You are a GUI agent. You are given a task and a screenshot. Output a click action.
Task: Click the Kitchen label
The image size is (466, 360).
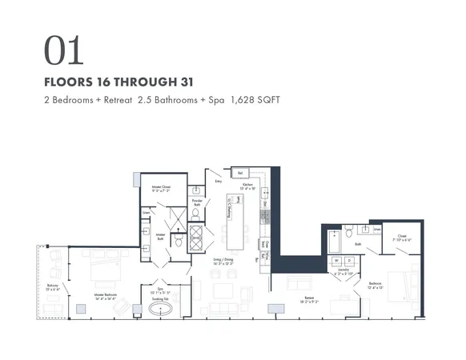pyautogui.click(x=248, y=185)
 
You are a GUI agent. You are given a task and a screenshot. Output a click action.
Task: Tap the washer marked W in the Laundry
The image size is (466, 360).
pyautogui.click(x=336, y=261)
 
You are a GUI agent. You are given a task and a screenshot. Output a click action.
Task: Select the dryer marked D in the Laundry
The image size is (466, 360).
pyautogui.click(x=349, y=261)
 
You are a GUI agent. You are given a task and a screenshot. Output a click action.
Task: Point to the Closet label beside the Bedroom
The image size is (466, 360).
pyautogui.click(x=400, y=235)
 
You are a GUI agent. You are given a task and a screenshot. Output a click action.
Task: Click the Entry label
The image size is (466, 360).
pyautogui.click(x=218, y=182)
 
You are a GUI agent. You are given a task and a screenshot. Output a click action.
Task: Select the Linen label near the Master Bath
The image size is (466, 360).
pyautogui.click(x=147, y=213)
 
